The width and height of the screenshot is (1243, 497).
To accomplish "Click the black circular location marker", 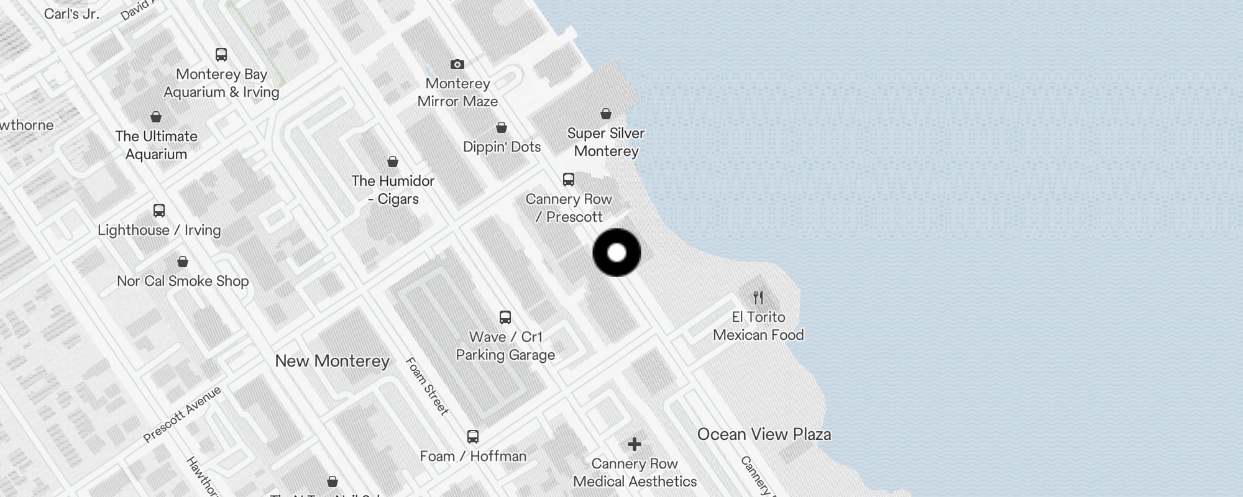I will [x=617, y=252].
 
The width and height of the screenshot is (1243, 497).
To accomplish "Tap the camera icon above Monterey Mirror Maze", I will [x=457, y=64].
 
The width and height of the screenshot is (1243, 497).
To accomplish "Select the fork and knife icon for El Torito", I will [x=758, y=297].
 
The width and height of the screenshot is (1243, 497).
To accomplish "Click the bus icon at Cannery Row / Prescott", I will [x=568, y=180].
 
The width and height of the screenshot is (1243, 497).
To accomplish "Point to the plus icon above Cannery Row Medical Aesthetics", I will [x=634, y=444].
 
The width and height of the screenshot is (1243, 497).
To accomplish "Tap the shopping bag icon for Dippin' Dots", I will [x=502, y=127].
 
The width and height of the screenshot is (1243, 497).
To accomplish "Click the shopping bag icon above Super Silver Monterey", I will [x=606, y=114].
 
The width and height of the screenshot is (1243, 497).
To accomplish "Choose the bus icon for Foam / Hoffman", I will [x=473, y=437].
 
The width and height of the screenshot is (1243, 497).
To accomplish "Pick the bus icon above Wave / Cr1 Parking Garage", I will [x=505, y=317].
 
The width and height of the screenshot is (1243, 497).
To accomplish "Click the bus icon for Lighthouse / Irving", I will [x=159, y=211].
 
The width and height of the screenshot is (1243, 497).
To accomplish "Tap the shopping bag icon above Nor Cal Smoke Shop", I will [x=183, y=262].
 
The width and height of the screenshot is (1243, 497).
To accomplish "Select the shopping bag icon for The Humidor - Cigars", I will [x=393, y=162].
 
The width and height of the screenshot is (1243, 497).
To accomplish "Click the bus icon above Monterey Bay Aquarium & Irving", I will [x=221, y=55].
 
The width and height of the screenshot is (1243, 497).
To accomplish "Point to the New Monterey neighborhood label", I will [x=332, y=361].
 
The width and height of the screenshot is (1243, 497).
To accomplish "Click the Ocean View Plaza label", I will [x=764, y=434].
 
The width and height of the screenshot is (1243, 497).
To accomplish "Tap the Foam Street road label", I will [x=427, y=386].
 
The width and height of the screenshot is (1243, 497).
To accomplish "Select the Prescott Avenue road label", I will [x=182, y=414].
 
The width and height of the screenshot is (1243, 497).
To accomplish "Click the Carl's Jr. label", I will [x=71, y=14].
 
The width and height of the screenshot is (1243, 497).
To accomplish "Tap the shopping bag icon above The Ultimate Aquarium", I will [x=156, y=117].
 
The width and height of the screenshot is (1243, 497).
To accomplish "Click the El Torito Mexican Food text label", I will [x=758, y=326].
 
